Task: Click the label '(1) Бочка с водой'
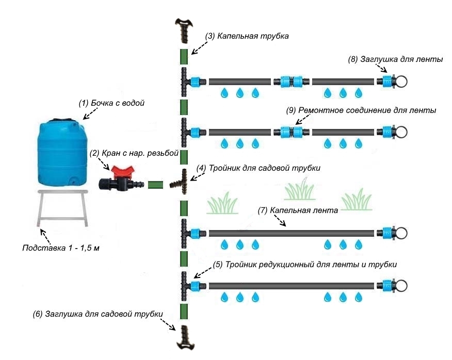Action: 111,103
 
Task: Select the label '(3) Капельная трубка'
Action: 246,37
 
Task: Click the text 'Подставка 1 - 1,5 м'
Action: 60,248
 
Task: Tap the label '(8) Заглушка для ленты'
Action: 396,59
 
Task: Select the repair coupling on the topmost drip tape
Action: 292,81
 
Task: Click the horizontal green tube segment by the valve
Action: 156,184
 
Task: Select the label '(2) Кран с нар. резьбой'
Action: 134,153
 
